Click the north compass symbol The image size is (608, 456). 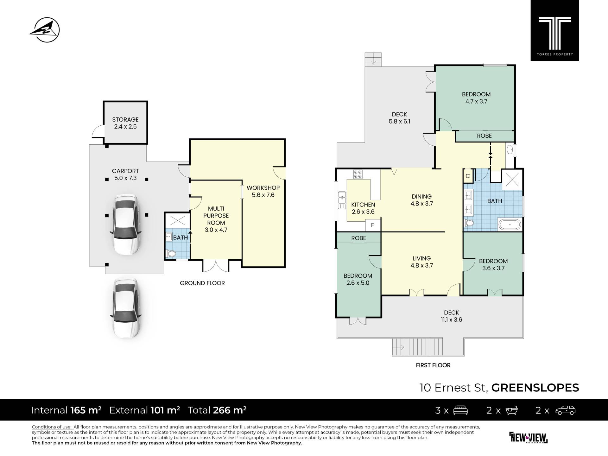45,30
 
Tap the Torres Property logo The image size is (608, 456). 555,30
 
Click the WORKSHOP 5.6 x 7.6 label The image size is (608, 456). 263,191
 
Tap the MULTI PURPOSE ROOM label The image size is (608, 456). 216,219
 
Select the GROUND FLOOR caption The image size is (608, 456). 202,283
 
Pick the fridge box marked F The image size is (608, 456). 373,225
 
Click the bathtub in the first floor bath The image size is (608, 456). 510,224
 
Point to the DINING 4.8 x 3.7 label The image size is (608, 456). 421,200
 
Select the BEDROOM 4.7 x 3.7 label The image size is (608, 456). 476,98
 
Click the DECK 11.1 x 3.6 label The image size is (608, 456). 452,316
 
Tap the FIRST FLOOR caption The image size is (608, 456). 433,365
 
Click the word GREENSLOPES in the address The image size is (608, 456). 535,388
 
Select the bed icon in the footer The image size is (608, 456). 460,410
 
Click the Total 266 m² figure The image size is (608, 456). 217,410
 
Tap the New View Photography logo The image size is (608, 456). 529,438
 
